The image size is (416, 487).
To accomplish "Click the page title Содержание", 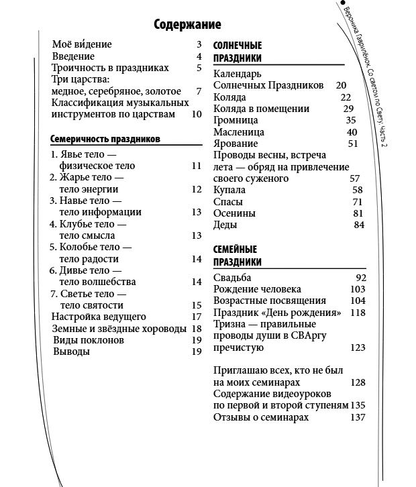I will click(187, 25).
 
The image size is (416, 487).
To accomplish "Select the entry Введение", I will click(73, 56).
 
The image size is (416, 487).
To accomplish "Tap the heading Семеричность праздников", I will click(105, 140).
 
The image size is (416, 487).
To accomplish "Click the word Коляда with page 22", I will click(229, 97).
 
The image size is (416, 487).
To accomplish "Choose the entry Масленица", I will click(238, 132).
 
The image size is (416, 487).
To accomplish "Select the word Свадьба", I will click(232, 277).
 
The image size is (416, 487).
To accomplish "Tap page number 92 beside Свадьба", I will click(360, 277).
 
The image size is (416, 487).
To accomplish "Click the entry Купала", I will click(229, 191).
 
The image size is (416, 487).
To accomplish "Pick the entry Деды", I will click(225, 225).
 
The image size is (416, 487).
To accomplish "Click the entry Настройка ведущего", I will click(99, 317).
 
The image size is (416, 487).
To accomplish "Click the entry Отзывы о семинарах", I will click(261, 417).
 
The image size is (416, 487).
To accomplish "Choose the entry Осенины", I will click(234, 213).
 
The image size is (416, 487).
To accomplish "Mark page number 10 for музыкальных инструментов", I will click(196, 114).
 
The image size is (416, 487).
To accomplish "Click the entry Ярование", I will click(235, 144).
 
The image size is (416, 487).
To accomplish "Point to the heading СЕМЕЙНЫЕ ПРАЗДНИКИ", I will click(237, 255).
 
